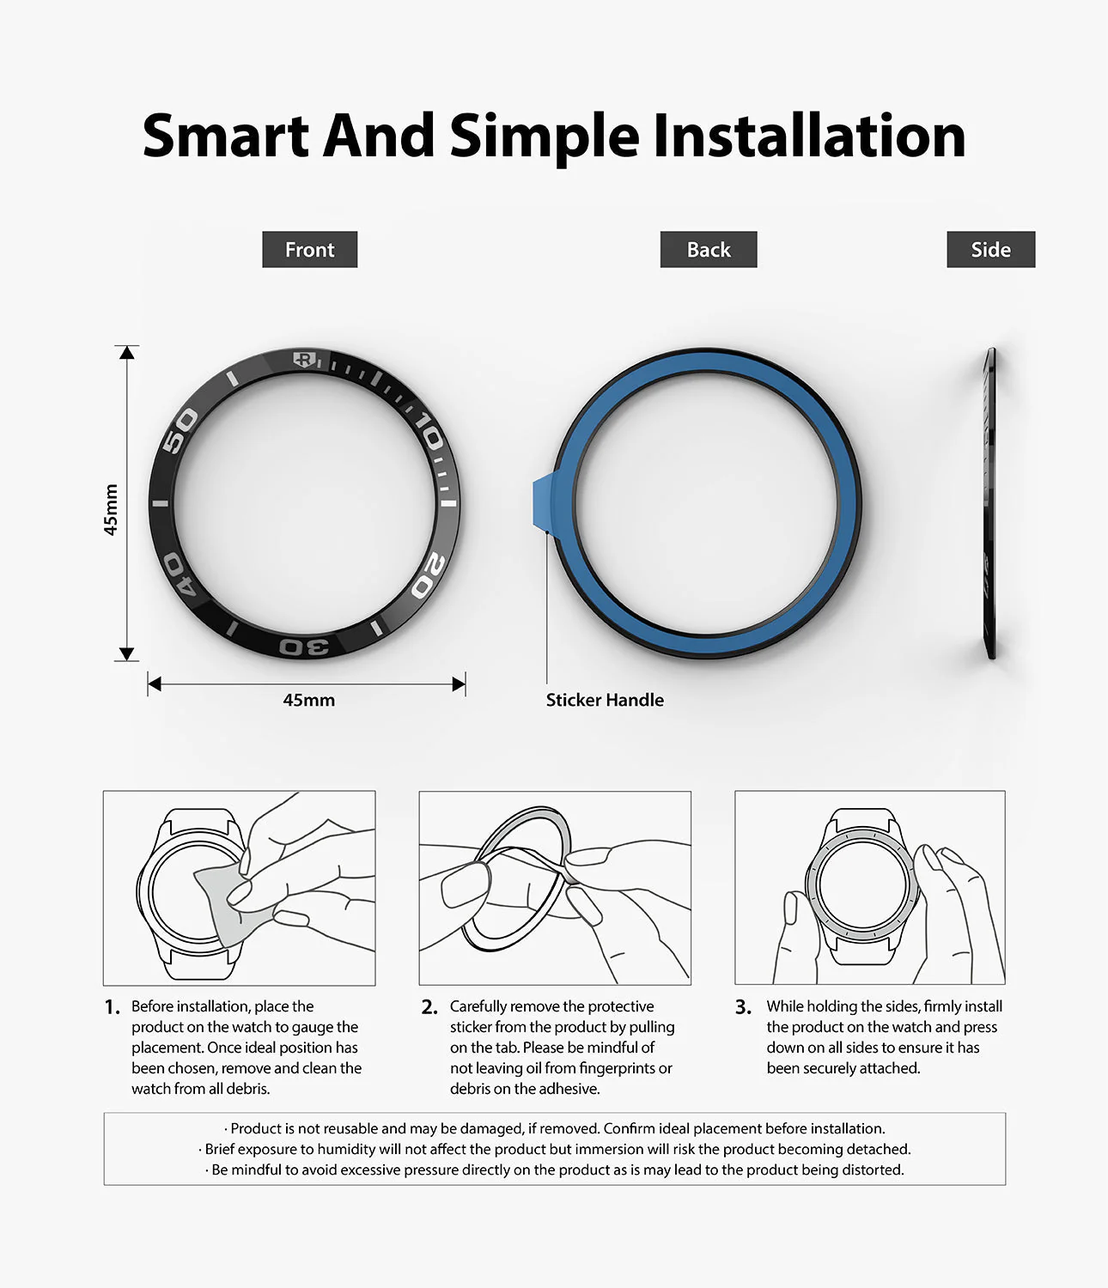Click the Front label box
click(x=310, y=249)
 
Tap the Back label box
click(x=709, y=249)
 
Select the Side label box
click(x=991, y=249)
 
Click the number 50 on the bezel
click(x=180, y=430)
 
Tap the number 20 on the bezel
click(x=429, y=574)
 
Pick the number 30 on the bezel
click(x=304, y=647)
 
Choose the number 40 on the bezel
click(x=180, y=574)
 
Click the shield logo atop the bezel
click(x=305, y=360)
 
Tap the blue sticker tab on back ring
click(x=543, y=501)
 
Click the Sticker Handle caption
click(x=605, y=700)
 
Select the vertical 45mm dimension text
click(x=110, y=510)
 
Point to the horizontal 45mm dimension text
click(x=309, y=700)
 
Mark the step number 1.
click(x=113, y=1007)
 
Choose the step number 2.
click(x=429, y=1007)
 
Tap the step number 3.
click(x=743, y=1007)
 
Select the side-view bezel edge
click(x=989, y=503)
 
